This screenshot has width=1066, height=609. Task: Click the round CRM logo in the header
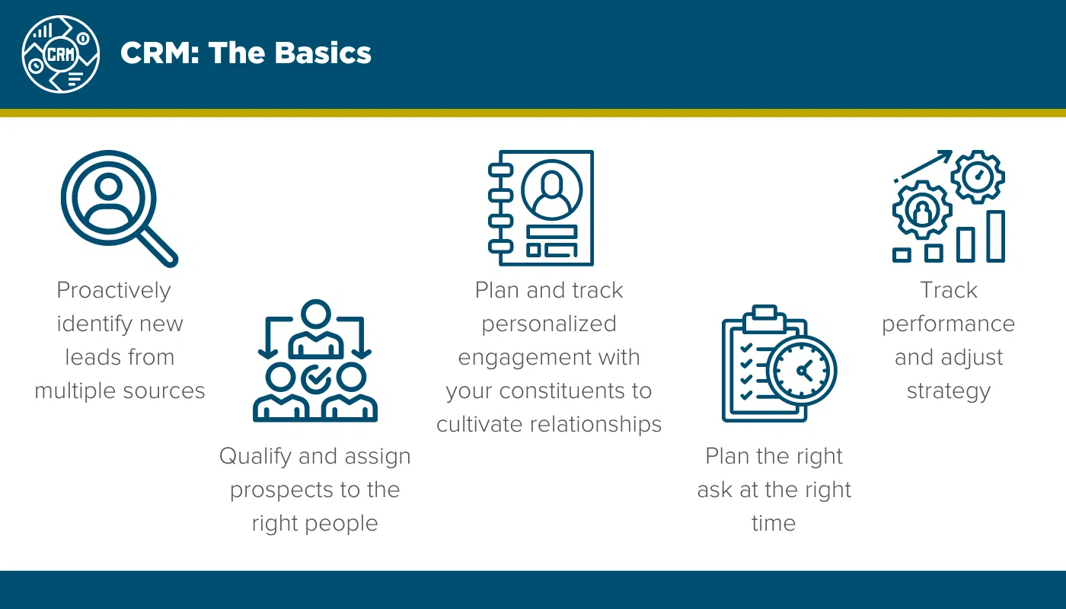coord(61,53)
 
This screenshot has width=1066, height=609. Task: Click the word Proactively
coord(114,290)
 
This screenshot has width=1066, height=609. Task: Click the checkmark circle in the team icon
coord(315,378)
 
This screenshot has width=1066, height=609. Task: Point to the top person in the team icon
coord(315,329)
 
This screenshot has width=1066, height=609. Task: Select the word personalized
coord(548,324)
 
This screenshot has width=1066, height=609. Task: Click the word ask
coord(714,489)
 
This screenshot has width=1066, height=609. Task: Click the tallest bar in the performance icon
coord(995,237)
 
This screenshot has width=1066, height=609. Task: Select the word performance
coord(948,324)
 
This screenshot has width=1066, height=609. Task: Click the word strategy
coord(948,391)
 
